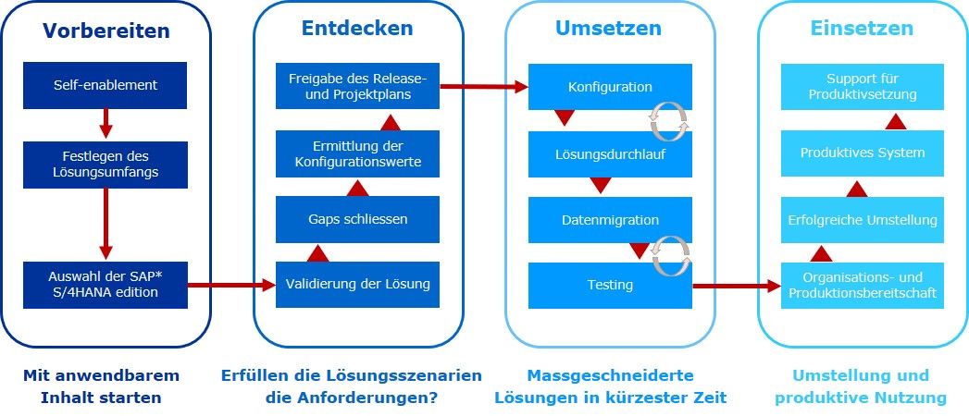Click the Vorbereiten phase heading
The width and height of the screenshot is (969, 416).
tap(106, 31)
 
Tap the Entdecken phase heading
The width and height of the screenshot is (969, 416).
tap(357, 28)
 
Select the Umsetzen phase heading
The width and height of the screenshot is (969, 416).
tap(608, 28)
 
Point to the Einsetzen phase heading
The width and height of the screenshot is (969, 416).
tap(862, 28)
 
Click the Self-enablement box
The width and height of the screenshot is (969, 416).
tap(106, 85)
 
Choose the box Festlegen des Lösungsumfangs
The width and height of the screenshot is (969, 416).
tap(106, 165)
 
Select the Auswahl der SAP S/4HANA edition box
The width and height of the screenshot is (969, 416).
tap(106, 285)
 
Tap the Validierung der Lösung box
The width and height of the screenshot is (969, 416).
tap(357, 285)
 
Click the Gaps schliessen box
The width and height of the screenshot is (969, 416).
tap(357, 219)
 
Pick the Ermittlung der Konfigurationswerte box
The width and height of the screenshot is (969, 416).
tap(357, 153)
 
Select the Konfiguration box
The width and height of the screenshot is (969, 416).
tap(610, 87)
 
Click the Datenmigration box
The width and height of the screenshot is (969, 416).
tap(610, 220)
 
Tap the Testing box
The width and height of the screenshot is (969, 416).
tap(610, 285)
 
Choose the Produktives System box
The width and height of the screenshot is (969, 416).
tap(862, 153)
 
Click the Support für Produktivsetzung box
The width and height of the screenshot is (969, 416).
tap(862, 87)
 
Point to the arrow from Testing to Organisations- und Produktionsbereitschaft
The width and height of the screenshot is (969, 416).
tap(737, 286)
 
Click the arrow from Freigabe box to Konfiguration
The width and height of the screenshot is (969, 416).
tap(484, 87)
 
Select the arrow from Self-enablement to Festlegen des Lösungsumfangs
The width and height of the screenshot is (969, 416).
tap(106, 124)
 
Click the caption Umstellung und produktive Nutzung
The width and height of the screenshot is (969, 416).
tap(861, 386)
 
